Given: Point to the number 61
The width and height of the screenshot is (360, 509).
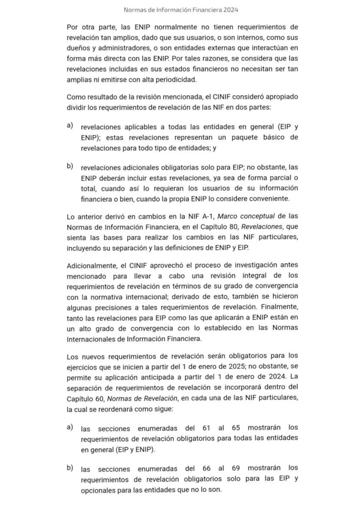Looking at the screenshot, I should pos(207,428).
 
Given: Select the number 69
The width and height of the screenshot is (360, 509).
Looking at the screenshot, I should pos(236,469).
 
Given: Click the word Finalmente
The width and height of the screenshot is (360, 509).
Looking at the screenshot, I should pos(279,307).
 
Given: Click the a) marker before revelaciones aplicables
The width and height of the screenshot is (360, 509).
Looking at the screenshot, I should pos(70,126).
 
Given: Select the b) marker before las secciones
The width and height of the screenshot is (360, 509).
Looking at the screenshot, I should pos(70,468).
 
